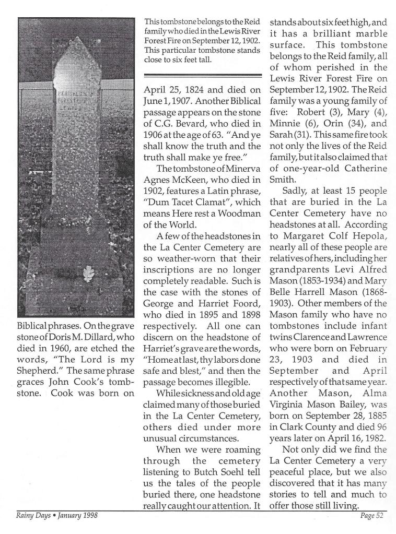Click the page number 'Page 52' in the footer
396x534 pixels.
pos(372,516)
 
